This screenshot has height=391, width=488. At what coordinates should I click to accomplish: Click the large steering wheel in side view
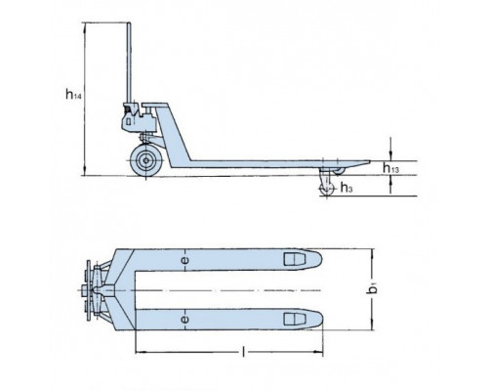coord(149,160)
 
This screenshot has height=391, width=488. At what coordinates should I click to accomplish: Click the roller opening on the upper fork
coord(291,260)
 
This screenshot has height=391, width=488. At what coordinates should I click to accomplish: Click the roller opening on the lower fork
coord(291,320)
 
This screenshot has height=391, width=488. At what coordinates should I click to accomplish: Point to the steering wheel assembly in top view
coord(96,289)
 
